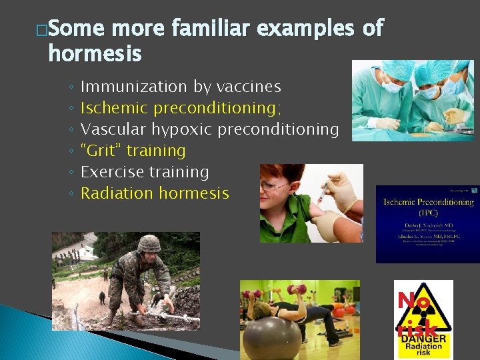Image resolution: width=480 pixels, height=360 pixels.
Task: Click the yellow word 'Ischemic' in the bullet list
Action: click(114, 108)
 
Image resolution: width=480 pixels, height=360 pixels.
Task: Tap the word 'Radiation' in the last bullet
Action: click(116, 193)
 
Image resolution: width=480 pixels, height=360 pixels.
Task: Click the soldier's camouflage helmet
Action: click(149, 243)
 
